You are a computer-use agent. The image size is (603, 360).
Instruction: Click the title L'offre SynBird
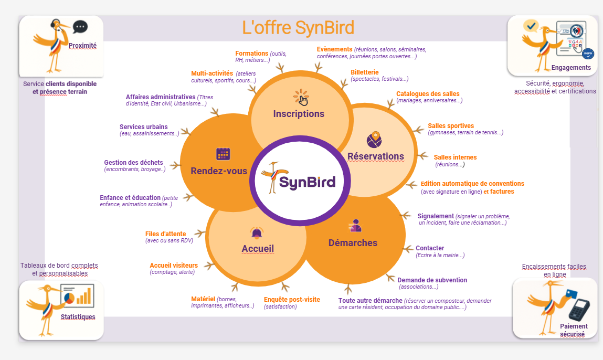pos(298,27)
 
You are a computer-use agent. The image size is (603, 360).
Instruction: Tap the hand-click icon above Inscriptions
pos(301,98)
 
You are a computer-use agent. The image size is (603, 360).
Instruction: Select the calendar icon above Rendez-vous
pos(224,154)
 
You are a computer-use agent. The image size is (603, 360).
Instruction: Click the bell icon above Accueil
pos(257,233)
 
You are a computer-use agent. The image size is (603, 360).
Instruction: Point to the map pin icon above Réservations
pos(374,140)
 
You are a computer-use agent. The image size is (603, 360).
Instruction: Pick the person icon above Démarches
pos(355,226)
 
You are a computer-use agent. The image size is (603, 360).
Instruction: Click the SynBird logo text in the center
pos(306,182)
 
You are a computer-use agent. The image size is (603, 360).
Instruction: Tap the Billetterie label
pos(364,72)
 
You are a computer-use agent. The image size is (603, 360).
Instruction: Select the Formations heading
pos(252,54)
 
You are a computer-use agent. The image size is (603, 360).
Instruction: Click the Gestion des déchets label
pos(133,163)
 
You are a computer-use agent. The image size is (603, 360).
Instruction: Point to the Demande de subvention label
pos(432,280)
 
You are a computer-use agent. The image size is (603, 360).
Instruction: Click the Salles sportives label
pos(451,126)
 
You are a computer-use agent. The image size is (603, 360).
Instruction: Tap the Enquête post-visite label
pos(292,300)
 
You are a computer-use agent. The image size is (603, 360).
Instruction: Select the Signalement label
pos(436,216)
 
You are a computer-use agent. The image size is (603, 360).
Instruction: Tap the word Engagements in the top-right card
pos(571,68)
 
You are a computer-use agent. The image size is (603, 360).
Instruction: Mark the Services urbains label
pos(144,127)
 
